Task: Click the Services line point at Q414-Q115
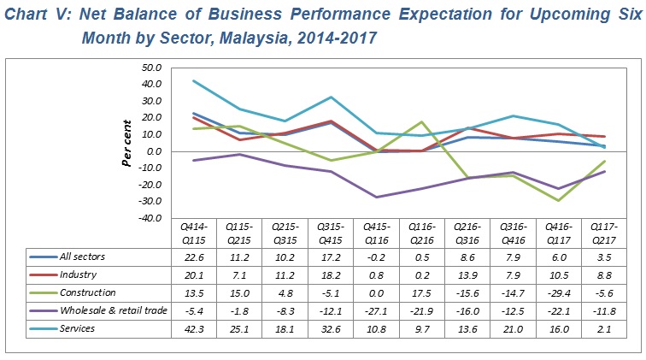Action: coord(195,81)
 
